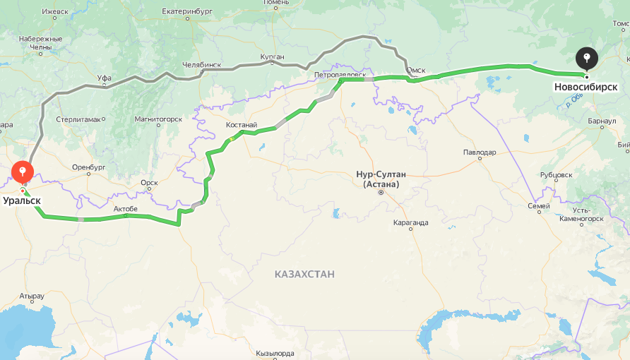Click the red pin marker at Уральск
click(x=23, y=171)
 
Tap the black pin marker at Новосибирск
click(x=587, y=58)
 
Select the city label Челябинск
click(x=201, y=65)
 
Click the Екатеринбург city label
click(x=187, y=11)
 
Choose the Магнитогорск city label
click(x=159, y=119)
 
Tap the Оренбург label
click(x=88, y=167)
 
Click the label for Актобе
click(x=126, y=208)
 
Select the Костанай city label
click(x=242, y=125)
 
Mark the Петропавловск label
click(x=340, y=73)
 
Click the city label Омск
click(x=415, y=70)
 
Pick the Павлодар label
click(x=480, y=152)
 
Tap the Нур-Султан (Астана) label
click(x=381, y=179)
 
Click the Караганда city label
click(x=410, y=222)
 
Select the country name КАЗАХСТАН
click(x=304, y=273)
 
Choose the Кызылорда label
click(x=275, y=352)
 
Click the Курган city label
click(x=272, y=56)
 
